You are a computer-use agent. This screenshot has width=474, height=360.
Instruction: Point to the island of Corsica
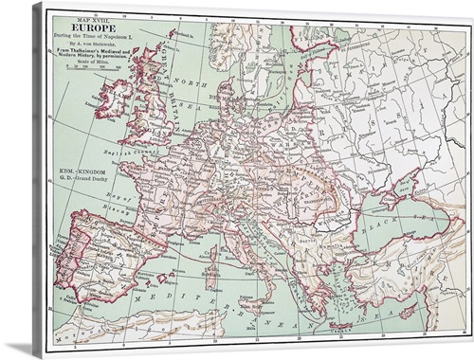213,253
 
